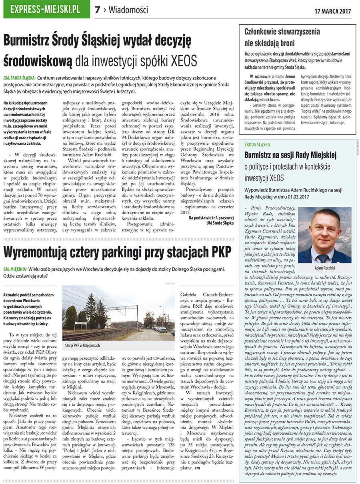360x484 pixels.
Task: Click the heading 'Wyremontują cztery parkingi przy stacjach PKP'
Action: pos(117,253)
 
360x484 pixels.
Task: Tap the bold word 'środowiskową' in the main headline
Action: pos(38,61)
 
